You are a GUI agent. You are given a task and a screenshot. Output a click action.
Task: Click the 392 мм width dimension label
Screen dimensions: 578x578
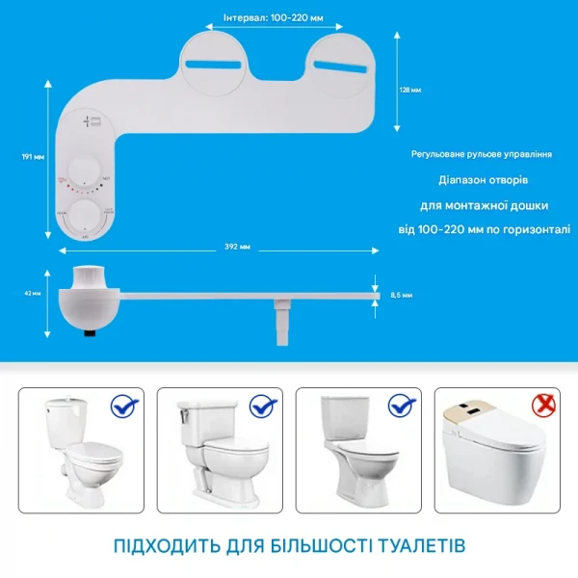(x=236, y=247)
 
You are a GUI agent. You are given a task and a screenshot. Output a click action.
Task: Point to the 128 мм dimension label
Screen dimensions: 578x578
(x=410, y=89)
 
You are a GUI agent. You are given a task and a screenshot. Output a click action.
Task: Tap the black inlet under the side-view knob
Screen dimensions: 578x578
(x=92, y=332)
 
